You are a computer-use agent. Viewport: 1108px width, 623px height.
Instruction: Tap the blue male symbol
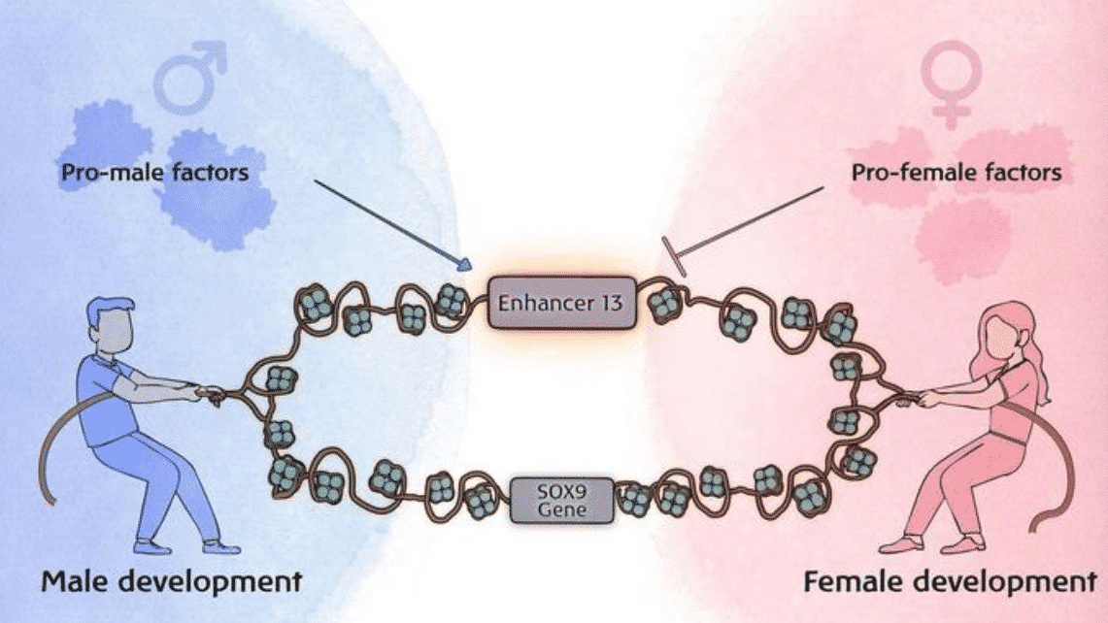point(191,78)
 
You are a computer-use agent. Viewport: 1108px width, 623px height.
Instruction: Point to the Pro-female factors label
point(957,174)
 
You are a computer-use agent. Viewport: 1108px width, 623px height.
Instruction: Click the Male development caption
point(170,583)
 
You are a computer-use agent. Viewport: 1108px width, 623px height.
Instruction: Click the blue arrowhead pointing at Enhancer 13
point(465,264)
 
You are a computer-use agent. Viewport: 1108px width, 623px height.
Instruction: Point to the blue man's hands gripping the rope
point(208,393)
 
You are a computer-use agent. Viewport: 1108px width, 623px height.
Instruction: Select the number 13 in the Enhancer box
point(609,303)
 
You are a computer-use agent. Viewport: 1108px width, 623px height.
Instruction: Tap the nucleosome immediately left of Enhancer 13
point(451,302)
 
